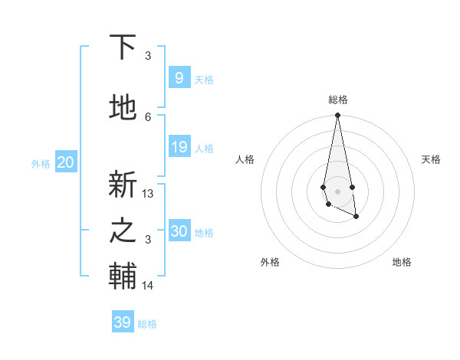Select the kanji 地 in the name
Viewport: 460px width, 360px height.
tap(123, 108)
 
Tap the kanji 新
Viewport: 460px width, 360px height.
tap(123, 185)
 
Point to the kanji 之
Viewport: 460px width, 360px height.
tap(123, 231)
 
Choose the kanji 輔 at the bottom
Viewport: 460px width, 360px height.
tap(123, 277)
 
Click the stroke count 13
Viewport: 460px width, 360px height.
tap(148, 194)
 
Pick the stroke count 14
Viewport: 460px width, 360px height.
tap(148, 286)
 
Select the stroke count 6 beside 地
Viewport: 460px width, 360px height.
tap(148, 116)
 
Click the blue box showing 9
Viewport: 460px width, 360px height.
tap(179, 78)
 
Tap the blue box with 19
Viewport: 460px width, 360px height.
tap(179, 147)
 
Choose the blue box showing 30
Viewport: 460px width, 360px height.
tap(179, 231)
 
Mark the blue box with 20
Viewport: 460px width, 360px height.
tap(65, 162)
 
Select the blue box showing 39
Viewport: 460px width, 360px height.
tap(122, 322)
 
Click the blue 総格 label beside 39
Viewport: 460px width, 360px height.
tap(147, 324)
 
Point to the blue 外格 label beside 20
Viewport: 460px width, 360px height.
tap(41, 163)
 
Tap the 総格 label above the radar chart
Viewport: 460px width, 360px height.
tap(337, 100)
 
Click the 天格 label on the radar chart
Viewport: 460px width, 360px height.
tap(431, 159)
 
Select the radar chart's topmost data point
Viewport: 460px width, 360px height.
tap(337, 116)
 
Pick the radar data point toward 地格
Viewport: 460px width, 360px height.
tap(356, 218)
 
